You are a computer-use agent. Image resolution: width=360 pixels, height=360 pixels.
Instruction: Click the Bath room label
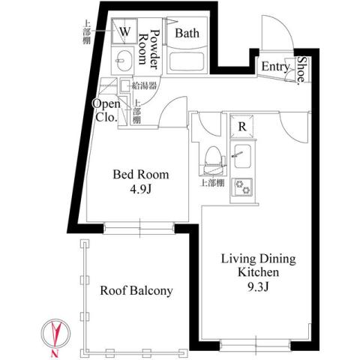coord(186,33)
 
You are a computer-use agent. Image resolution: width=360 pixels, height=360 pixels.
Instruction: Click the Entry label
coord(275,67)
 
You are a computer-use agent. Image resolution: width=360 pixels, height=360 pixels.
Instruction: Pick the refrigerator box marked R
coord(242,127)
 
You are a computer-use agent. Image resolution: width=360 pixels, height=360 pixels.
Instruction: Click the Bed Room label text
coord(141,175)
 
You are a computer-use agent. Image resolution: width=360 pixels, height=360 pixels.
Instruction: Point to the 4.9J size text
coord(141,189)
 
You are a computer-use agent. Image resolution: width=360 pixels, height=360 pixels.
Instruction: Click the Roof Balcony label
coord(136,291)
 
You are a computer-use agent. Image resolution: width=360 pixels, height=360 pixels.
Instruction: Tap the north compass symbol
coord(57,332)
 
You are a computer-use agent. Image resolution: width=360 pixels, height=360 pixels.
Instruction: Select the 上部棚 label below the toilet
coord(211,182)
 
